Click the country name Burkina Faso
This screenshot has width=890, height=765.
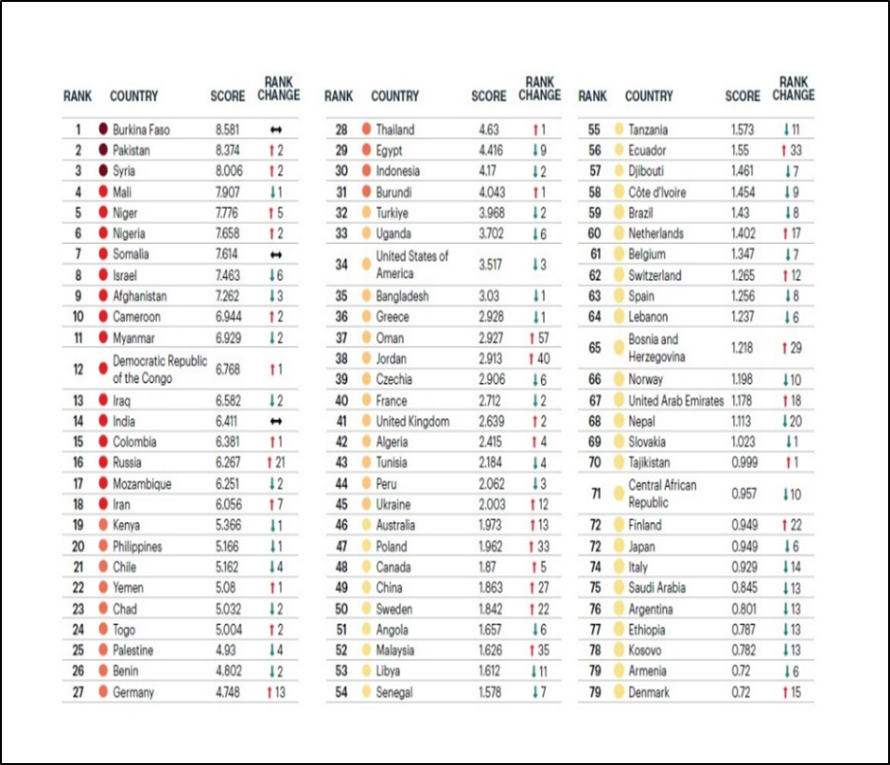click(141, 130)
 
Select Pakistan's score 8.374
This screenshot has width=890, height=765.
click(228, 150)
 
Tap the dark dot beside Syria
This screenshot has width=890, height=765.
click(102, 171)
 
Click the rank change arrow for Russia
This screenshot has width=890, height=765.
click(270, 463)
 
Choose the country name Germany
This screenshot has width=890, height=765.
click(132, 692)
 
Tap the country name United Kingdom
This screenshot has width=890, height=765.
click(412, 422)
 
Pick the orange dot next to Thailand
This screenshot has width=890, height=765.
click(365, 130)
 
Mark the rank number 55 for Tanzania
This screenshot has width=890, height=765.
click(594, 130)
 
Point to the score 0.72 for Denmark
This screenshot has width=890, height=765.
click(741, 692)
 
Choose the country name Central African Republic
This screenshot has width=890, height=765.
click(662, 494)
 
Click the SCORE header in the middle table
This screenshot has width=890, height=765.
click(488, 96)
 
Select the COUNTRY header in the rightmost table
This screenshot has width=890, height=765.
click(649, 96)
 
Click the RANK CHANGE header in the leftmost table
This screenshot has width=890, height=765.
click(278, 89)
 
